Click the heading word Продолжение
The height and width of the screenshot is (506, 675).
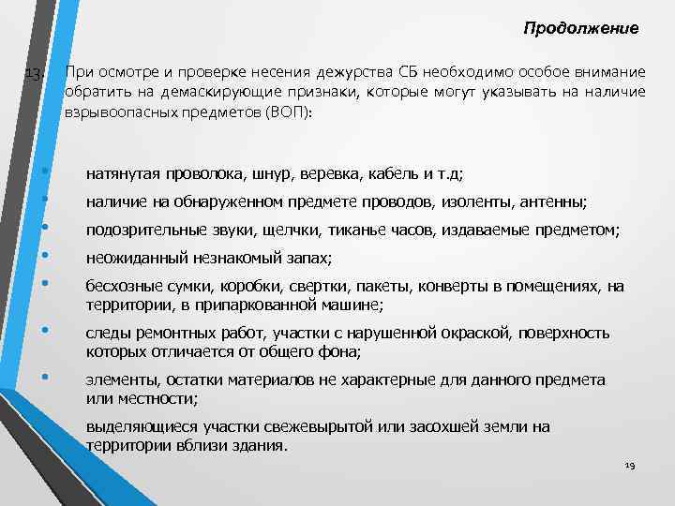click(581, 29)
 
